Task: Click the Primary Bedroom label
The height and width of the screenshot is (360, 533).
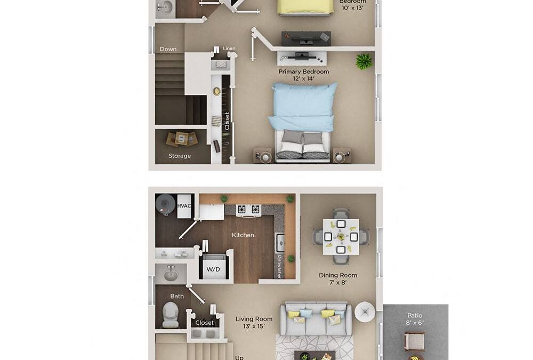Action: pyautogui.click(x=303, y=71)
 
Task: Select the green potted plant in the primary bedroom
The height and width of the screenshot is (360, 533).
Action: pyautogui.click(x=365, y=61)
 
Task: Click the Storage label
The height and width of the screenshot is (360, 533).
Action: pyautogui.click(x=180, y=156)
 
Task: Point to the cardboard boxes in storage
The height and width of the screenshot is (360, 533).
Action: pyautogui.click(x=181, y=139)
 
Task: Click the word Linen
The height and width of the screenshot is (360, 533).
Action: pyautogui.click(x=229, y=49)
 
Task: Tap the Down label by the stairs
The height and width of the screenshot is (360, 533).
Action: pyautogui.click(x=168, y=49)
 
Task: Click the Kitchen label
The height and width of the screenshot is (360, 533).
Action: pyautogui.click(x=243, y=235)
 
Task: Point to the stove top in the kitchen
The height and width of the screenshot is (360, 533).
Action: pyautogui.click(x=248, y=210)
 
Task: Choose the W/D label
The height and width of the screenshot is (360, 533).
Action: pyautogui.click(x=213, y=269)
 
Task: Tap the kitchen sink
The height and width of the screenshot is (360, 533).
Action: pyautogui.click(x=280, y=243)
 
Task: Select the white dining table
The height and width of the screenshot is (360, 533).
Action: pyautogui.click(x=341, y=237)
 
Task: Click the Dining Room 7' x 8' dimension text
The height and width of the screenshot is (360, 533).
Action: pyautogui.click(x=338, y=282)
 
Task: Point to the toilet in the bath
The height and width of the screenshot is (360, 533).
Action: pyautogui.click(x=171, y=315)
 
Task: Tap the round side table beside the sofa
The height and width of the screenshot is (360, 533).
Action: pyautogui.click(x=365, y=311)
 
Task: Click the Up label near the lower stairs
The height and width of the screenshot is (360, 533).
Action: pyautogui.click(x=239, y=357)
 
